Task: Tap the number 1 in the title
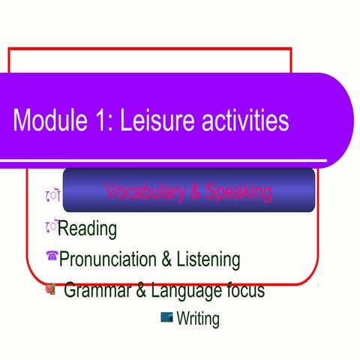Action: [104, 120]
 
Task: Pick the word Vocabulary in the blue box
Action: [143, 192]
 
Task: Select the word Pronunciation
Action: [108, 259]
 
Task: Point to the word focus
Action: [243, 289]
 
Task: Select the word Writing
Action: [198, 319]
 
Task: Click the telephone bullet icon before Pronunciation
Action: [52, 257]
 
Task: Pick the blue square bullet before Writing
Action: [167, 316]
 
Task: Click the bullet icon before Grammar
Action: [51, 288]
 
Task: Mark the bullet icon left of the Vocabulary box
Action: [52, 195]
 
